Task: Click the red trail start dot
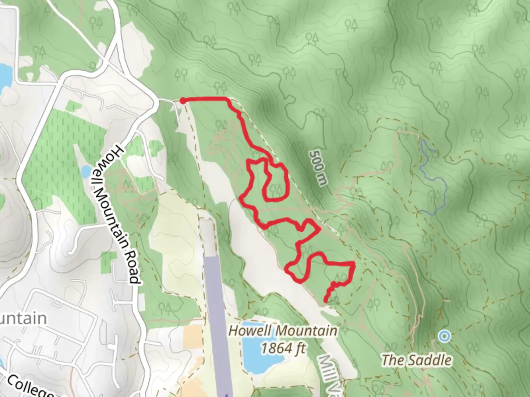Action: pyautogui.click(x=182, y=100)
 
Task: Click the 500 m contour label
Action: pyautogui.click(x=318, y=168)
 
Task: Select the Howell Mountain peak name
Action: pyautogui.click(x=283, y=331)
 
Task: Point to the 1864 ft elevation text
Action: pyautogui.click(x=283, y=347)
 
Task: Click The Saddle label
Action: pyautogui.click(x=416, y=360)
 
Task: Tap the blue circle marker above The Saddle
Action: pyautogui.click(x=445, y=336)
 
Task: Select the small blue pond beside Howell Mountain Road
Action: pyautogui.click(x=86, y=171)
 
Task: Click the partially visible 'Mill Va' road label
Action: pyautogui.click(x=330, y=375)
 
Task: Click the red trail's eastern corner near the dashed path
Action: pyautogui.click(x=354, y=264)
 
